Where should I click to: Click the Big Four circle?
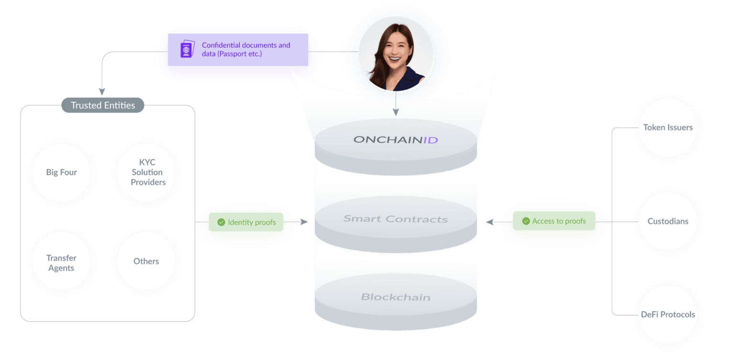62,173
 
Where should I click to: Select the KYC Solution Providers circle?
148,173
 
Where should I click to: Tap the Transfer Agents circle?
61,262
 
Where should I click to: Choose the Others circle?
146,262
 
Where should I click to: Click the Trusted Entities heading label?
103,105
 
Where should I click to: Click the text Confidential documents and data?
246,49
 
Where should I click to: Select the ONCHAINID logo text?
396,140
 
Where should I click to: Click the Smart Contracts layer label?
396,219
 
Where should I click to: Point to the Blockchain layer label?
396,297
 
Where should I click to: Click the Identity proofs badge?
246,222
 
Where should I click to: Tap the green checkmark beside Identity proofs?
221,222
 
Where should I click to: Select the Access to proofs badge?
554,221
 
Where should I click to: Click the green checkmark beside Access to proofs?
526,221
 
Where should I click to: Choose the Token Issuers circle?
668,128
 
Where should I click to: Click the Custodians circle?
668,221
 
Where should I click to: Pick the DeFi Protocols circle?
668,315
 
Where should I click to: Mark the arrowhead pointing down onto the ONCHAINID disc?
395,112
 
